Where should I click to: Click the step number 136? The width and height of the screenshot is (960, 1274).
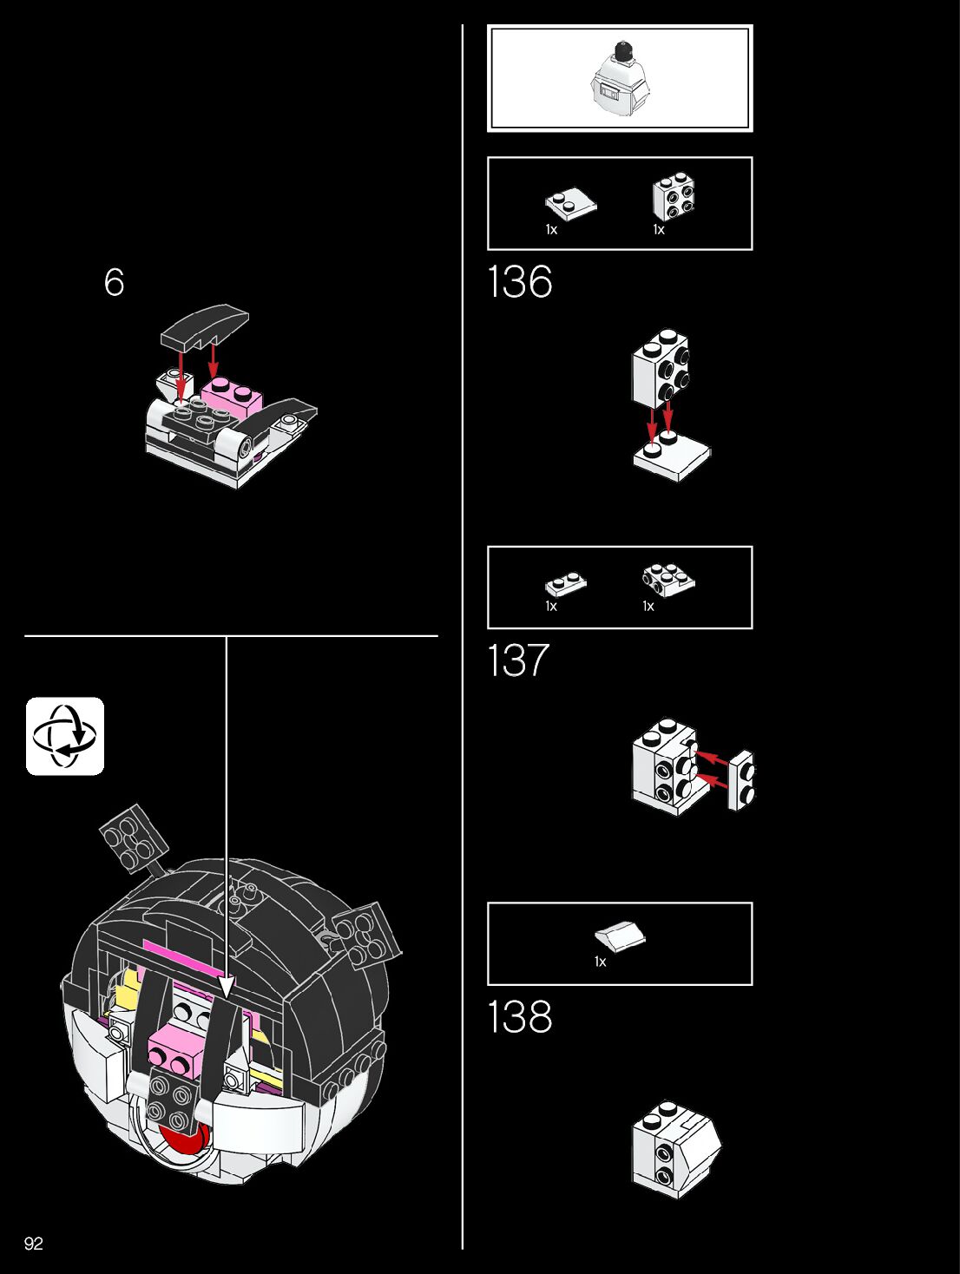(519, 282)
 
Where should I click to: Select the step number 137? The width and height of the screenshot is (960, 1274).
(518, 660)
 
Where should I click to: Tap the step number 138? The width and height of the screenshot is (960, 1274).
(519, 1016)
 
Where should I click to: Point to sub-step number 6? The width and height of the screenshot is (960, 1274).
(114, 282)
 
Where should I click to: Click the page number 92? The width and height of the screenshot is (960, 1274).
(34, 1244)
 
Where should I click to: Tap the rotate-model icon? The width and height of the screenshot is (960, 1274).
(65, 736)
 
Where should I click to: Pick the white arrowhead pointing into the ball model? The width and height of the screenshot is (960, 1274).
(226, 987)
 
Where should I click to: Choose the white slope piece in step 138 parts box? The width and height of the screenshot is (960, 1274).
(620, 936)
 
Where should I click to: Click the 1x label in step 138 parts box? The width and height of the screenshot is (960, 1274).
(600, 962)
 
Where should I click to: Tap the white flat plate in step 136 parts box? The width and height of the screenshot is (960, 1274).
(570, 204)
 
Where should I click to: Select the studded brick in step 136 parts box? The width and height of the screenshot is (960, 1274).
(673, 198)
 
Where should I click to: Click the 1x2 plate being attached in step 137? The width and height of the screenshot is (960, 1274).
(742, 780)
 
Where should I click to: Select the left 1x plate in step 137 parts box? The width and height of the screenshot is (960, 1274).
(565, 583)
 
